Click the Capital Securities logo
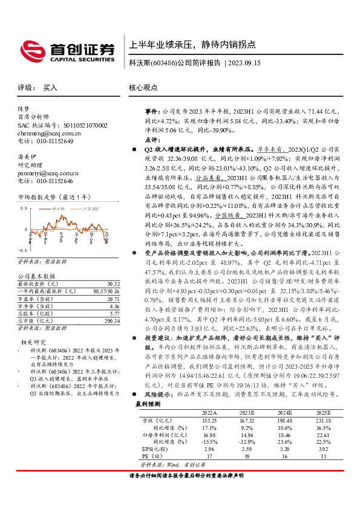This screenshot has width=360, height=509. coord(61,50)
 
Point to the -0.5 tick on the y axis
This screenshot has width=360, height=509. coord(22,249)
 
